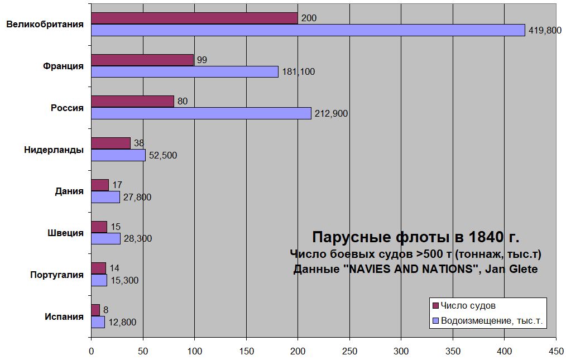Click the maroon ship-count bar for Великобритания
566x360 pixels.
click(x=194, y=18)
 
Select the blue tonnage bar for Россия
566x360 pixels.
click(x=201, y=113)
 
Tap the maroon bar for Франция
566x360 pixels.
click(x=142, y=60)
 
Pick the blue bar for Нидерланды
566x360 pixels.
click(x=118, y=155)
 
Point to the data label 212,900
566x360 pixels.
click(x=332, y=114)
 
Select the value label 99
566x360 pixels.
click(x=202, y=60)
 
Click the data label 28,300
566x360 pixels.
click(x=137, y=239)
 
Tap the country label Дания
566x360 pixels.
click(x=69, y=191)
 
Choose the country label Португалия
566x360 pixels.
click(x=57, y=275)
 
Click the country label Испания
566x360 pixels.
click(x=64, y=316)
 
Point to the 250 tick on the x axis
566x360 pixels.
click(x=349, y=351)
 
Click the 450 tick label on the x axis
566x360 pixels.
click(x=556, y=351)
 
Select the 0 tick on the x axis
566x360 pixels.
click(x=91, y=351)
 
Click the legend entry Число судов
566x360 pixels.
click(x=468, y=306)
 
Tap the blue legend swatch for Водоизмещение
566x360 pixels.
click(x=435, y=321)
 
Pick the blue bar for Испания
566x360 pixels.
click(x=98, y=322)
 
